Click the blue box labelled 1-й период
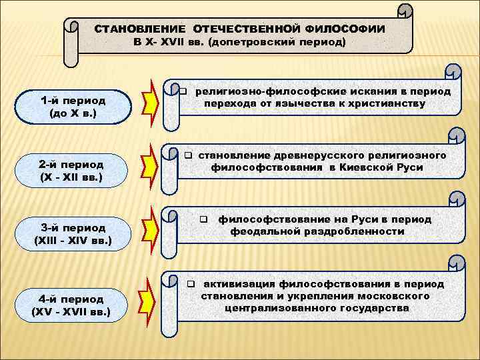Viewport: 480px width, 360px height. (72, 107)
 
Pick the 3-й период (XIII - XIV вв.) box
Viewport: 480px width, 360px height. (72, 233)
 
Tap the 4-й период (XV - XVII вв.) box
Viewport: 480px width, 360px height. (72, 305)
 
